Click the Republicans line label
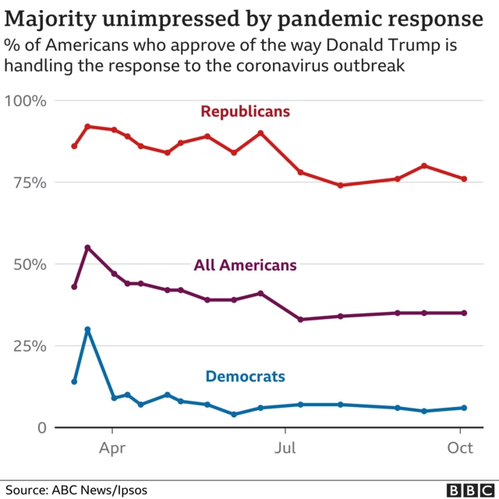(245, 111)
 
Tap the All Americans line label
(245, 265)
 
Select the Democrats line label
(245, 377)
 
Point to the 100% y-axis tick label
(26, 101)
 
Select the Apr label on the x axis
(112, 448)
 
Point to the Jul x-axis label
(285, 448)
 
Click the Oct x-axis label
(461, 448)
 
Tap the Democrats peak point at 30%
(87, 329)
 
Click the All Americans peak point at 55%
(87, 248)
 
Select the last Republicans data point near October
(464, 179)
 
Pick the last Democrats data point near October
(464, 408)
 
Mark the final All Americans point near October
(464, 313)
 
